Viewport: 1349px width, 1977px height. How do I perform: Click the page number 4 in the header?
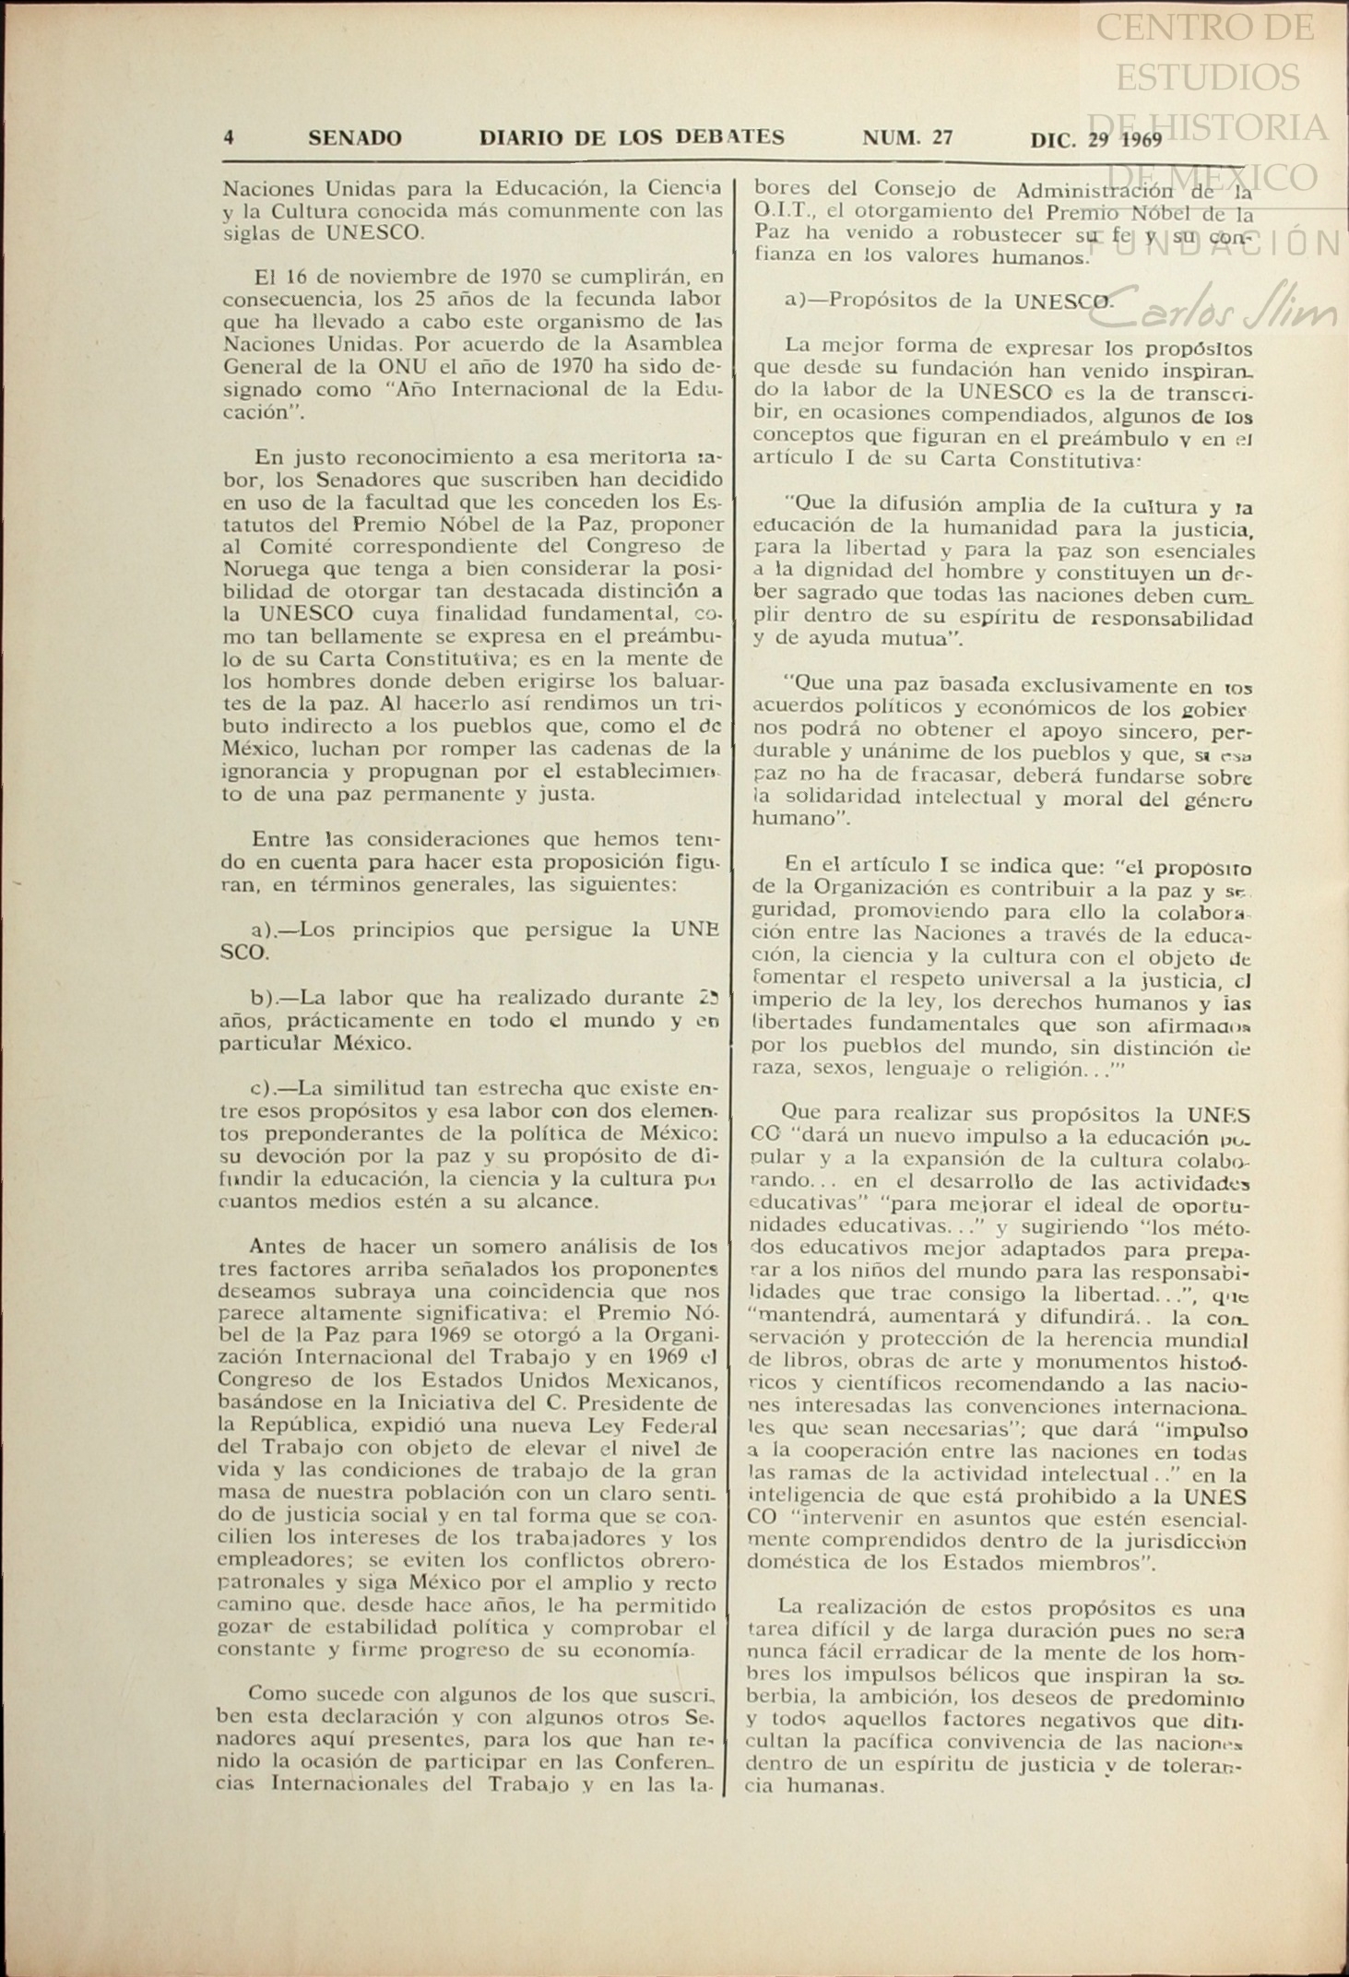(228, 138)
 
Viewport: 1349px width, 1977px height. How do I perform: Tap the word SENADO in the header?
(355, 138)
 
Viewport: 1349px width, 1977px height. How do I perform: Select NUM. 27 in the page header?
(907, 138)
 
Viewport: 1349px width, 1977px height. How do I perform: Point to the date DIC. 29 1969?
(1096, 140)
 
